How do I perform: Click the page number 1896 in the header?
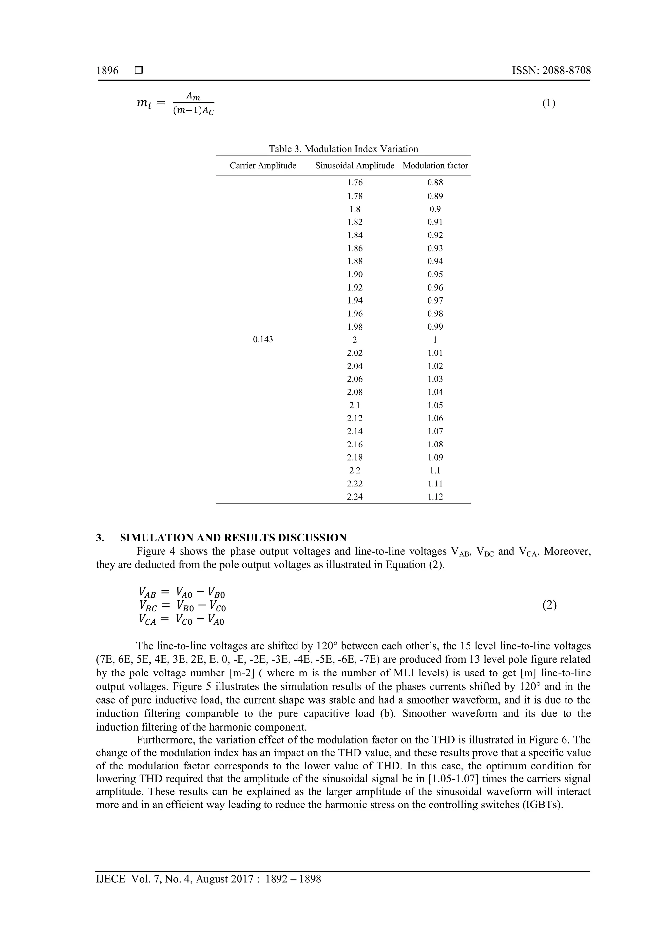click(107, 71)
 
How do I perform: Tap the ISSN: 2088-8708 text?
click(551, 71)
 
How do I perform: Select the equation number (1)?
click(548, 103)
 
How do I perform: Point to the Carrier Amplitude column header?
click(263, 166)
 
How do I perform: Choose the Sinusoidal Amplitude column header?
click(355, 166)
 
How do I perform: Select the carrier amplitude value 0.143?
click(263, 340)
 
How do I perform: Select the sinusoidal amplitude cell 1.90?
click(355, 275)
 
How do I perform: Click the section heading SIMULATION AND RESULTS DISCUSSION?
click(233, 538)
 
